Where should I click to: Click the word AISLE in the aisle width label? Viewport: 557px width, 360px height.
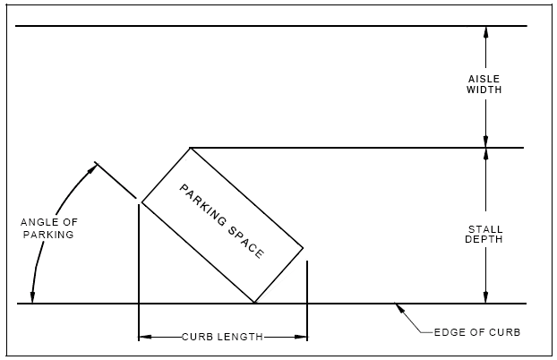click(x=484, y=78)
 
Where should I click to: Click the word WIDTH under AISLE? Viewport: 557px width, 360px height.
click(x=484, y=90)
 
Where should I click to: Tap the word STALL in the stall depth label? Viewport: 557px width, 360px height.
click(x=484, y=229)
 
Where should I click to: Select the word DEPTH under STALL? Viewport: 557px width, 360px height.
click(x=484, y=240)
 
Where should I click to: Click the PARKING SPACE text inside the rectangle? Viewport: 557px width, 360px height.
click(x=222, y=221)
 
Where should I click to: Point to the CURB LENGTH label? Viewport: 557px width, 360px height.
click(x=222, y=338)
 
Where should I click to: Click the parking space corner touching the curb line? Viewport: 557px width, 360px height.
click(x=255, y=304)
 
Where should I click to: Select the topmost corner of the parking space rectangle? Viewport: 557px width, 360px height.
click(x=190, y=148)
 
